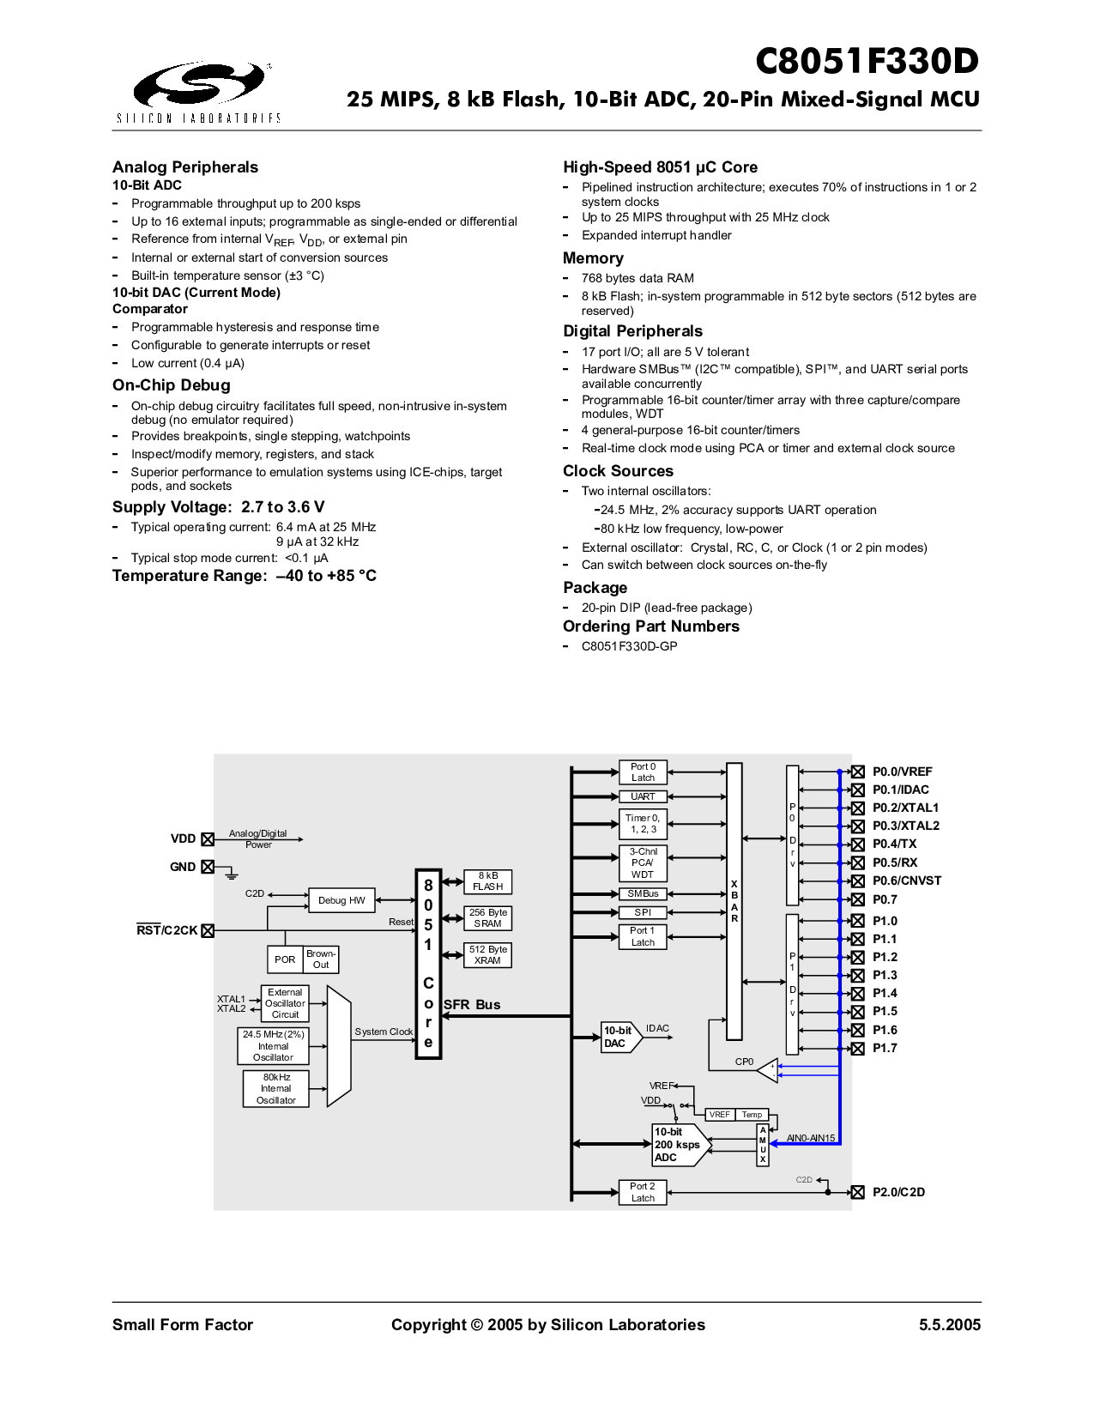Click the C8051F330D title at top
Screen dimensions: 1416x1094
867,62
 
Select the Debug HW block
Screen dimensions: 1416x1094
341,900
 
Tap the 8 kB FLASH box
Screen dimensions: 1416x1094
487,881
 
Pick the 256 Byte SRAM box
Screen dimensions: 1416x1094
487,918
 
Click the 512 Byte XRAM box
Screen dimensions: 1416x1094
487,955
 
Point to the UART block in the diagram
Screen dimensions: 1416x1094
643,796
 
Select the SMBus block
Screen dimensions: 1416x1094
643,893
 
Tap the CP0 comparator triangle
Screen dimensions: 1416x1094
765,1069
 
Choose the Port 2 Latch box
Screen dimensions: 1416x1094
643,1192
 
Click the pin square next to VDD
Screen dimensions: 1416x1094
208,839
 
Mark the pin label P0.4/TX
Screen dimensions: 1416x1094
894,844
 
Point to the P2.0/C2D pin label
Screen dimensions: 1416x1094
898,1192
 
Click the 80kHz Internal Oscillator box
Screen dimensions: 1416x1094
275,1088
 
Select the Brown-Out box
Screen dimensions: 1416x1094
321,959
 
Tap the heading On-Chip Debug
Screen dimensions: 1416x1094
172,385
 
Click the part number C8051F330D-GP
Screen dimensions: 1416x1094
629,646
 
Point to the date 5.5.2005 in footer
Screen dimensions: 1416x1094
949,1325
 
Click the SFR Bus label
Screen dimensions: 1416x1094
472,1005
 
